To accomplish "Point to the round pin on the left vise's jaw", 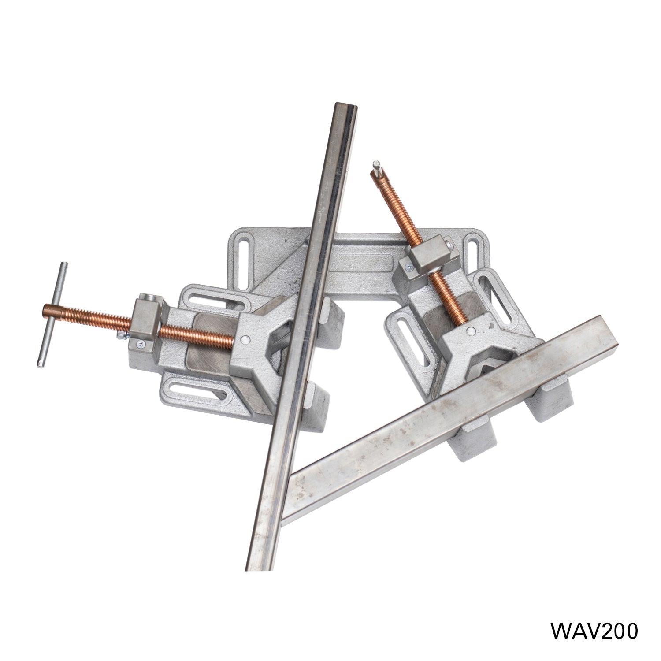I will pyautogui.click(x=246, y=339).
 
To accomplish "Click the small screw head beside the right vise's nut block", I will pyautogui.click(x=408, y=266).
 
